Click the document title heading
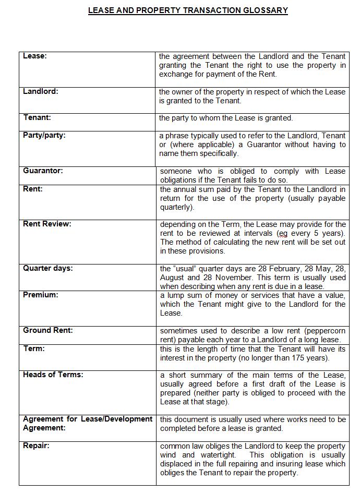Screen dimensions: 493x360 [x=188, y=10]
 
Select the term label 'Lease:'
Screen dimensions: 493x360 [x=34, y=56]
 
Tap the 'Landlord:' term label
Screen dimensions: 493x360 [x=40, y=92]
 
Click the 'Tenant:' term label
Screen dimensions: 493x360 [x=37, y=118]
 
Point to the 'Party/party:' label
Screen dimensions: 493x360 [x=44, y=136]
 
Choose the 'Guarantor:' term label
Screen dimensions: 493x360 [x=42, y=171]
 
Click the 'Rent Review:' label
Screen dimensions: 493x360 [x=47, y=224]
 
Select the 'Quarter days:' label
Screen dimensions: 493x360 [x=47, y=268]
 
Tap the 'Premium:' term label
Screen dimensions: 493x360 [x=40, y=295]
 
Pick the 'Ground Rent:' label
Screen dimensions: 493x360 [x=47, y=330]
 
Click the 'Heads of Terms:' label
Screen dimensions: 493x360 [x=53, y=375]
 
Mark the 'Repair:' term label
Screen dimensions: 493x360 [x=36, y=446]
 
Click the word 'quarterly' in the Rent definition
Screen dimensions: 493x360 [x=175, y=207]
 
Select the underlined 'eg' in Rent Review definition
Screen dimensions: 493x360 [x=282, y=233]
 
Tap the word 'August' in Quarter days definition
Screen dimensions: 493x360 [x=172, y=278]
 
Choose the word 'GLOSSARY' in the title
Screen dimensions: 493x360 [x=263, y=10]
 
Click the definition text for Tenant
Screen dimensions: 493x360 [x=225, y=118]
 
